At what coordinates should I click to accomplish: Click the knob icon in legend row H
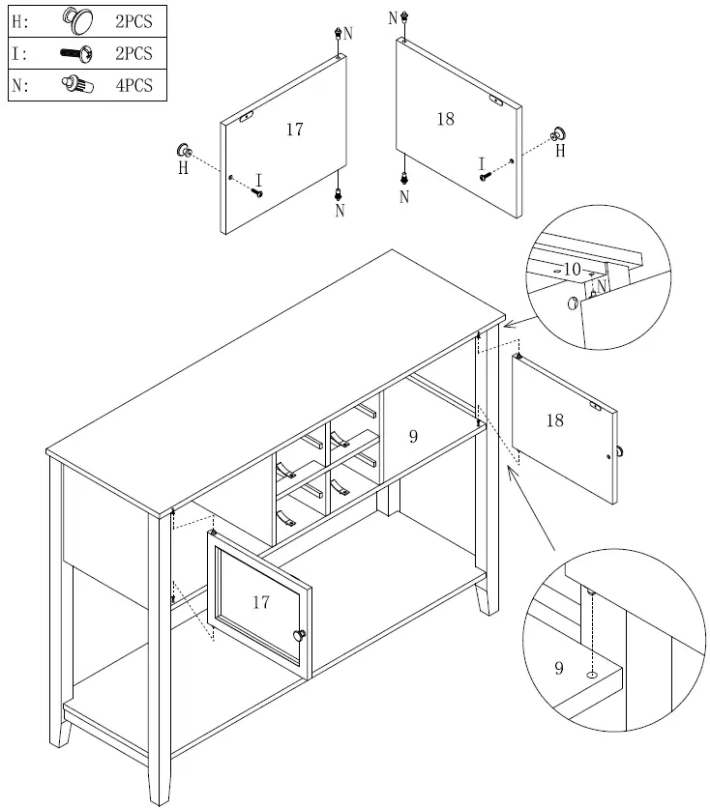coord(77,20)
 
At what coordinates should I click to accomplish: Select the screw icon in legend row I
coord(75,53)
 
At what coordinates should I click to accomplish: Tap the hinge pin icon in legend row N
coord(76,85)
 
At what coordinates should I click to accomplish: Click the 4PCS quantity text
coord(134,85)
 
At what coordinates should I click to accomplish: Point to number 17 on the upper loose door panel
coord(295,129)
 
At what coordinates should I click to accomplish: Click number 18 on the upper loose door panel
coord(445,119)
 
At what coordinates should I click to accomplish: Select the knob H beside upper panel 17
coord(183,151)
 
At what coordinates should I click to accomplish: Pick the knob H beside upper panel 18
coord(558,135)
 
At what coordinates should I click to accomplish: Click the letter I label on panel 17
coord(258,178)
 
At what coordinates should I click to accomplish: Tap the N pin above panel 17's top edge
coord(337,33)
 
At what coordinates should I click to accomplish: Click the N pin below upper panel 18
coord(403,179)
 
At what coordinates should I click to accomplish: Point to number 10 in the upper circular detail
coord(572,270)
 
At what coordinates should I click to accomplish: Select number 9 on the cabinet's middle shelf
coord(413,437)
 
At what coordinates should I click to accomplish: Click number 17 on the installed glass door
coord(260,602)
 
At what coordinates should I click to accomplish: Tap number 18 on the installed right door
coord(554,420)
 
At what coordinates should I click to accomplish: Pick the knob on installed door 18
coord(617,451)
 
